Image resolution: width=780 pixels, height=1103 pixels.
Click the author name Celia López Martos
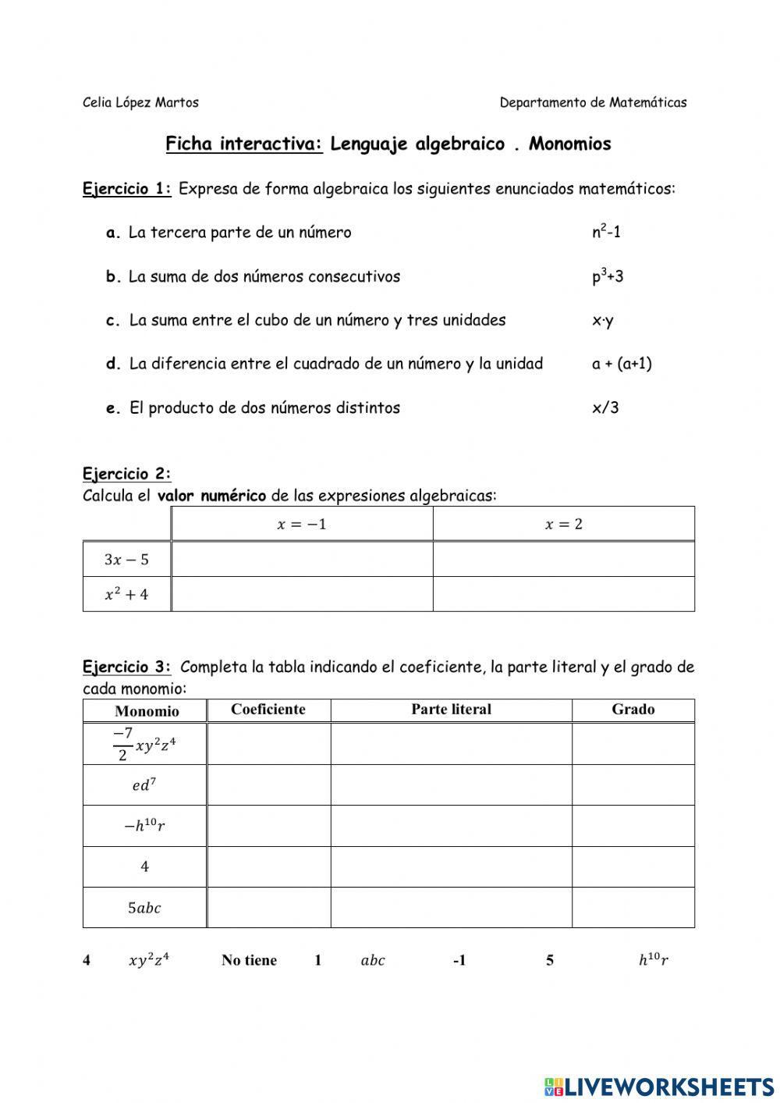[140, 102]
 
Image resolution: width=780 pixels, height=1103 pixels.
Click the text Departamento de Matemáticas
[593, 102]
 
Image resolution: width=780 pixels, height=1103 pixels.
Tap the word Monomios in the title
[569, 144]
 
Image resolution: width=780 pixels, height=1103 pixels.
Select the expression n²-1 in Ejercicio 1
[606, 232]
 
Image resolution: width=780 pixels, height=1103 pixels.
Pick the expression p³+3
[608, 276]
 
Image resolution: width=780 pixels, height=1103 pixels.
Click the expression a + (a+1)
[622, 364]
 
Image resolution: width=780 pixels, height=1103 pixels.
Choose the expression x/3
[605, 407]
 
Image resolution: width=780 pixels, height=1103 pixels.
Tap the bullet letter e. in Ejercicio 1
[113, 408]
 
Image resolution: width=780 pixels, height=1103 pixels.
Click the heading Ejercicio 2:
[126, 474]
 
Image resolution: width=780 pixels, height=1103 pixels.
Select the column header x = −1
[302, 524]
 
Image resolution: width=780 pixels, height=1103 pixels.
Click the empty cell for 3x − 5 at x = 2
[563, 559]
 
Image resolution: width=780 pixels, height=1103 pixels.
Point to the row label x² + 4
[126, 594]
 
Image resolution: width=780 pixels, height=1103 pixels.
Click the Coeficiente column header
[268, 710]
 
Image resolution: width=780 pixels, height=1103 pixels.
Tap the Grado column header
[633, 710]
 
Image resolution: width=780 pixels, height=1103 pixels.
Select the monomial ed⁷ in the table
[144, 785]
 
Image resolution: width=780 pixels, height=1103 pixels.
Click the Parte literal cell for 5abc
[451, 908]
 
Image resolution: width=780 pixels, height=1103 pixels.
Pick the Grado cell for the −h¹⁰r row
[633, 826]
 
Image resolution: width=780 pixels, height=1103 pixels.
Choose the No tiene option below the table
[249, 960]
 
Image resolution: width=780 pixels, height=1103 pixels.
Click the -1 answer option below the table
[459, 960]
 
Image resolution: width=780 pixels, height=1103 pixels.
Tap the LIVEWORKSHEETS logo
[659, 1086]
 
